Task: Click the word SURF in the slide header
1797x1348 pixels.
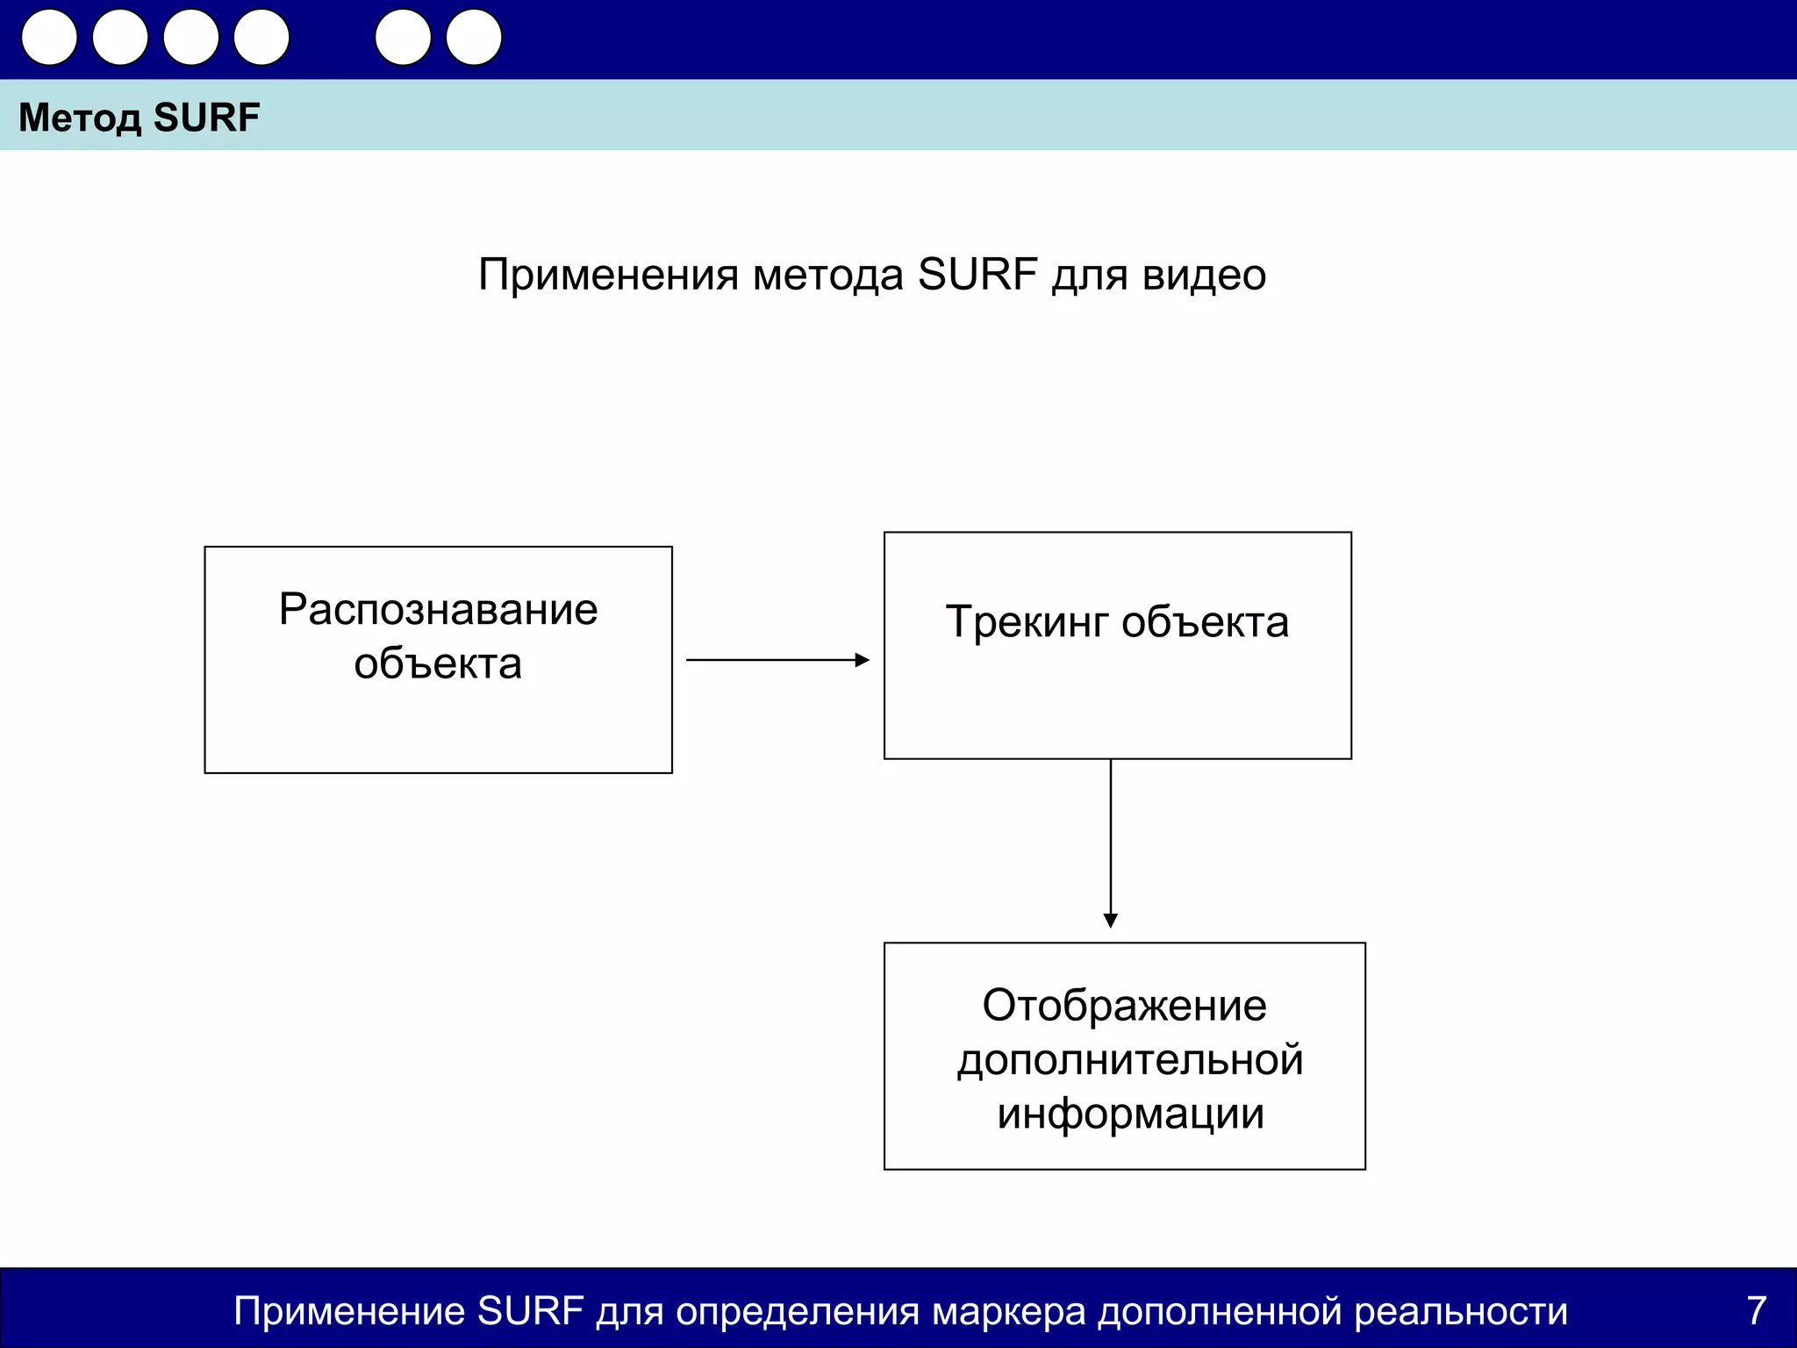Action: point(206,118)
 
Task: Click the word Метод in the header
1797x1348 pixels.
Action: point(79,118)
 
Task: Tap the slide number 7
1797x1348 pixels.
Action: point(1756,1311)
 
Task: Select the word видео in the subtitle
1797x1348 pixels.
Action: point(1204,276)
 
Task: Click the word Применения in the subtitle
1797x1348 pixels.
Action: point(608,276)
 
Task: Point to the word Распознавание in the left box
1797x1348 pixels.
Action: point(438,609)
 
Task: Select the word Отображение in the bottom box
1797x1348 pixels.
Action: point(1124,1006)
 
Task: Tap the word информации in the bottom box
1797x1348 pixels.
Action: point(1130,1115)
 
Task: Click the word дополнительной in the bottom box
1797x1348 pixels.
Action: point(1130,1060)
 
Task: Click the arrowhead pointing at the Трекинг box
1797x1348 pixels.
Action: point(863,660)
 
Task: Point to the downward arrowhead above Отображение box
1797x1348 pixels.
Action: point(1111,921)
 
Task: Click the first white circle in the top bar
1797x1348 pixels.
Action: point(49,38)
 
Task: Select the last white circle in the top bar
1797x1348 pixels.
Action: point(474,38)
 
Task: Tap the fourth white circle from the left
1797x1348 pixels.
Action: point(261,38)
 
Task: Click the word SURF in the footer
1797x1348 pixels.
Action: point(530,1311)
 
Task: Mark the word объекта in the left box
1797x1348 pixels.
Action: point(438,664)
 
